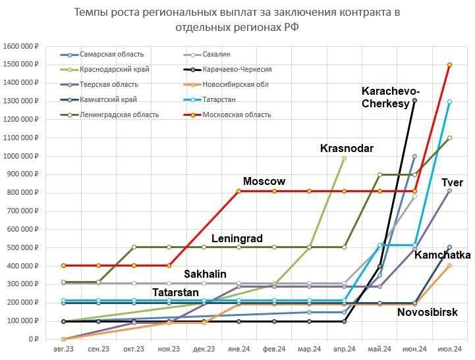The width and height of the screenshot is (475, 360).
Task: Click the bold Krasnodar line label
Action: pos(347,148)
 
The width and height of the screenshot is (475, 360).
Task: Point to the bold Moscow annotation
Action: pos(264,181)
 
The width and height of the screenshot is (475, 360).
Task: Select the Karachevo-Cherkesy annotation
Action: pos(391,97)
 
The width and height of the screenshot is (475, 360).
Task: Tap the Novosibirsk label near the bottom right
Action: pos(428,313)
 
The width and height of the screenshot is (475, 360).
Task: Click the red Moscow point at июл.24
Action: pos(449,64)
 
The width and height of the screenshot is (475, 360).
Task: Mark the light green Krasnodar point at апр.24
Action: pos(344,158)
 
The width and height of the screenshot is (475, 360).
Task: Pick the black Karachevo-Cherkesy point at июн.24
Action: pos(414,101)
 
